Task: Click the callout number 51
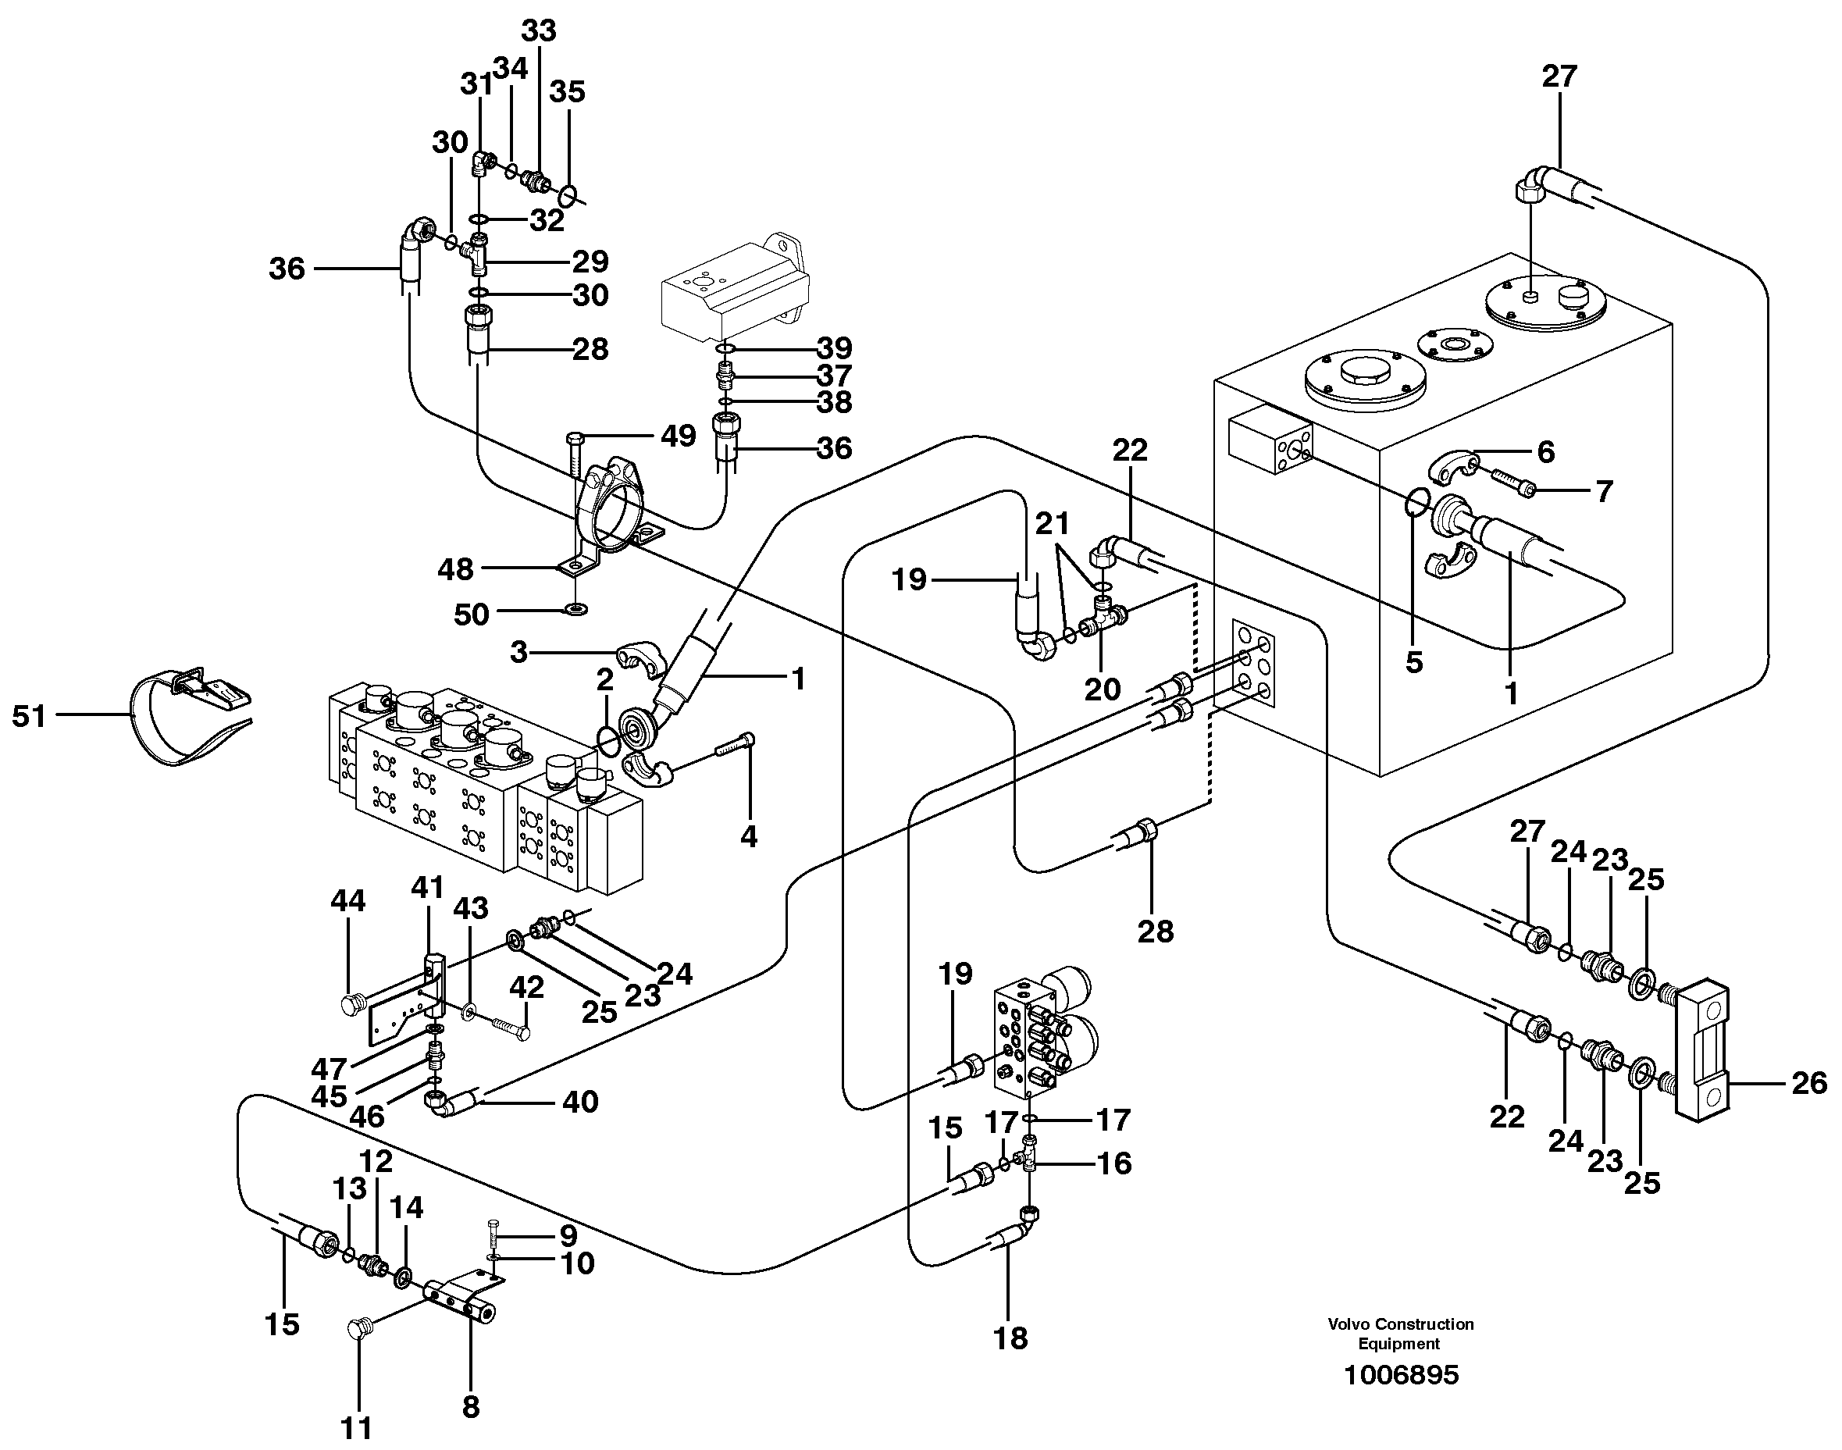point(29,717)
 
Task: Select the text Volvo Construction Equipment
point(1401,1334)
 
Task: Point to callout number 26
point(1808,1082)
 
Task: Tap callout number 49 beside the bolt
point(679,436)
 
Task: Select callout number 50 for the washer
point(471,614)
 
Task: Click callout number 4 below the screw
point(748,836)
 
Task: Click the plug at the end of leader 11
point(359,1330)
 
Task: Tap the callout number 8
point(470,1407)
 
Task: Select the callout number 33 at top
point(538,30)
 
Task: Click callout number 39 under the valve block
point(834,347)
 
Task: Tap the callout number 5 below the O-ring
point(1413,662)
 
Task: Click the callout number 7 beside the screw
point(1602,490)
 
